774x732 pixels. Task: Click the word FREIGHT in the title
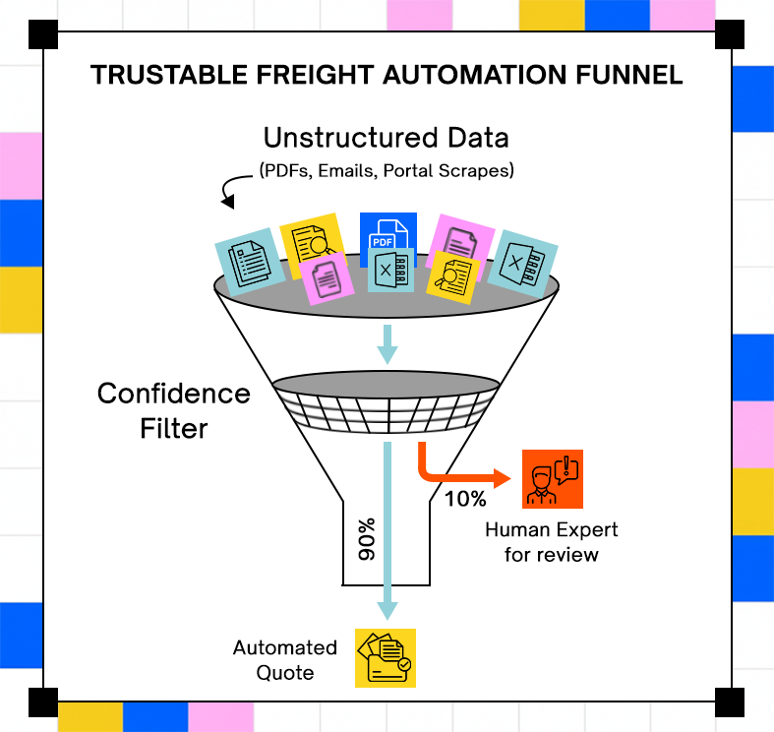[x=315, y=75]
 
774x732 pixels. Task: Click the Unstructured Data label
[x=386, y=138]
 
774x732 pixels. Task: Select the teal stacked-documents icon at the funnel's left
[x=250, y=262]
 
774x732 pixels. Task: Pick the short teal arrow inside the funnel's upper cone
[x=387, y=344]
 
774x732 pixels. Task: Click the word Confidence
[x=174, y=394]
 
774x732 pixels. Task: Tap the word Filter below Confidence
[x=174, y=428]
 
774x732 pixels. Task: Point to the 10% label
[x=465, y=499]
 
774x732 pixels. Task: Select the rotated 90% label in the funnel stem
[x=367, y=539]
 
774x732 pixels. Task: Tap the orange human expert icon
[x=553, y=479]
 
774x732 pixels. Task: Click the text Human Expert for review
[x=552, y=542]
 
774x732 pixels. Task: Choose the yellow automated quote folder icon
[x=386, y=658]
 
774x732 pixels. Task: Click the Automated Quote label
[x=285, y=660]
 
